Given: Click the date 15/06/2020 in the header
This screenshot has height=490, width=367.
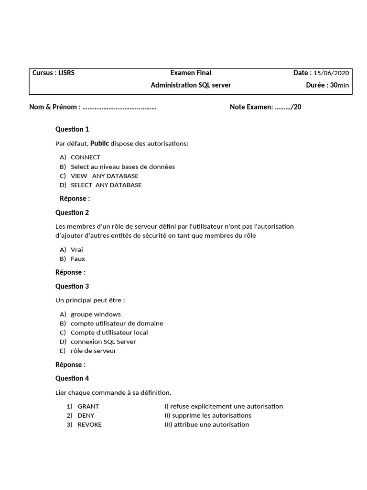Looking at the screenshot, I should [x=331, y=73].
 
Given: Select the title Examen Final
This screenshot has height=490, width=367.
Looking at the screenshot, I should [x=191, y=73].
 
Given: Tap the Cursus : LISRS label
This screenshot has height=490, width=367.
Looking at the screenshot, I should [x=54, y=73].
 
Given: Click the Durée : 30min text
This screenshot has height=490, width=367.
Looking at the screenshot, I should [x=327, y=85].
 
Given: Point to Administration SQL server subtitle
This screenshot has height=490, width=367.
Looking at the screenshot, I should [x=191, y=85].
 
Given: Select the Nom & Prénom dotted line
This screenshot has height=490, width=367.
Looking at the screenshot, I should [x=119, y=107].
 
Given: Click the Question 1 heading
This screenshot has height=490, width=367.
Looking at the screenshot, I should [x=72, y=129].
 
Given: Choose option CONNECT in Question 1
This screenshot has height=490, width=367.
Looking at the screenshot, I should [x=86, y=157].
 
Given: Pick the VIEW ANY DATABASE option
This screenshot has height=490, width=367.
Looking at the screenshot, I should [x=104, y=176].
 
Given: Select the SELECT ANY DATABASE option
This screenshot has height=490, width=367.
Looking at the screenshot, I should [x=106, y=185].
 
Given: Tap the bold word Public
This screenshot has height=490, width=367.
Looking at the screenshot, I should [x=99, y=143].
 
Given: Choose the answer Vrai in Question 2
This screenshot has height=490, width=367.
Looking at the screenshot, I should [x=77, y=250].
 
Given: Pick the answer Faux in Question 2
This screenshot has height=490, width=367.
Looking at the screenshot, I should [x=78, y=259].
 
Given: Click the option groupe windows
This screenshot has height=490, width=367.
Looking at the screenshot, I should [x=96, y=314].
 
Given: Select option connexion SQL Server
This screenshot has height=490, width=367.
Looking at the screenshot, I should [x=103, y=342].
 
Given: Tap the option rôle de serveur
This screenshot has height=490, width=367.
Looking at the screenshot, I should [x=93, y=351].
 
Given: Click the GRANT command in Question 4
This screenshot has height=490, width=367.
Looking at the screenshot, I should [x=88, y=406].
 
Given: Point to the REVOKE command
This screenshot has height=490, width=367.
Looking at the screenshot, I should [x=89, y=424].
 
